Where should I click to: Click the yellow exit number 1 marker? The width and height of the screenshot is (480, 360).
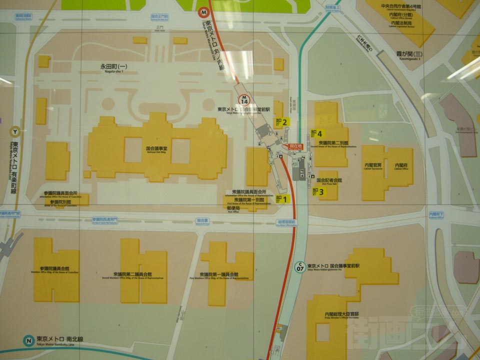pos(282,199)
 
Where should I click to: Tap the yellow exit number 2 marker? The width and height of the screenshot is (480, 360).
pos(281,121)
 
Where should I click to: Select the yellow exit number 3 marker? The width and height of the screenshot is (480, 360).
pos(318,191)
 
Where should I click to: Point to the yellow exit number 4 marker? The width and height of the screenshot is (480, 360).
pos(316,133)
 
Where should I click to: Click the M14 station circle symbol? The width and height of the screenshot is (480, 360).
pos(244,99)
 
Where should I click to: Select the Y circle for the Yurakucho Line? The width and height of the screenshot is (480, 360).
pos(15,132)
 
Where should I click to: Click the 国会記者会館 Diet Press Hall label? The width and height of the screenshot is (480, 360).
pos(329,180)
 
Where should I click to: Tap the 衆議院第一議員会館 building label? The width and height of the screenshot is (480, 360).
pos(218,275)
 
